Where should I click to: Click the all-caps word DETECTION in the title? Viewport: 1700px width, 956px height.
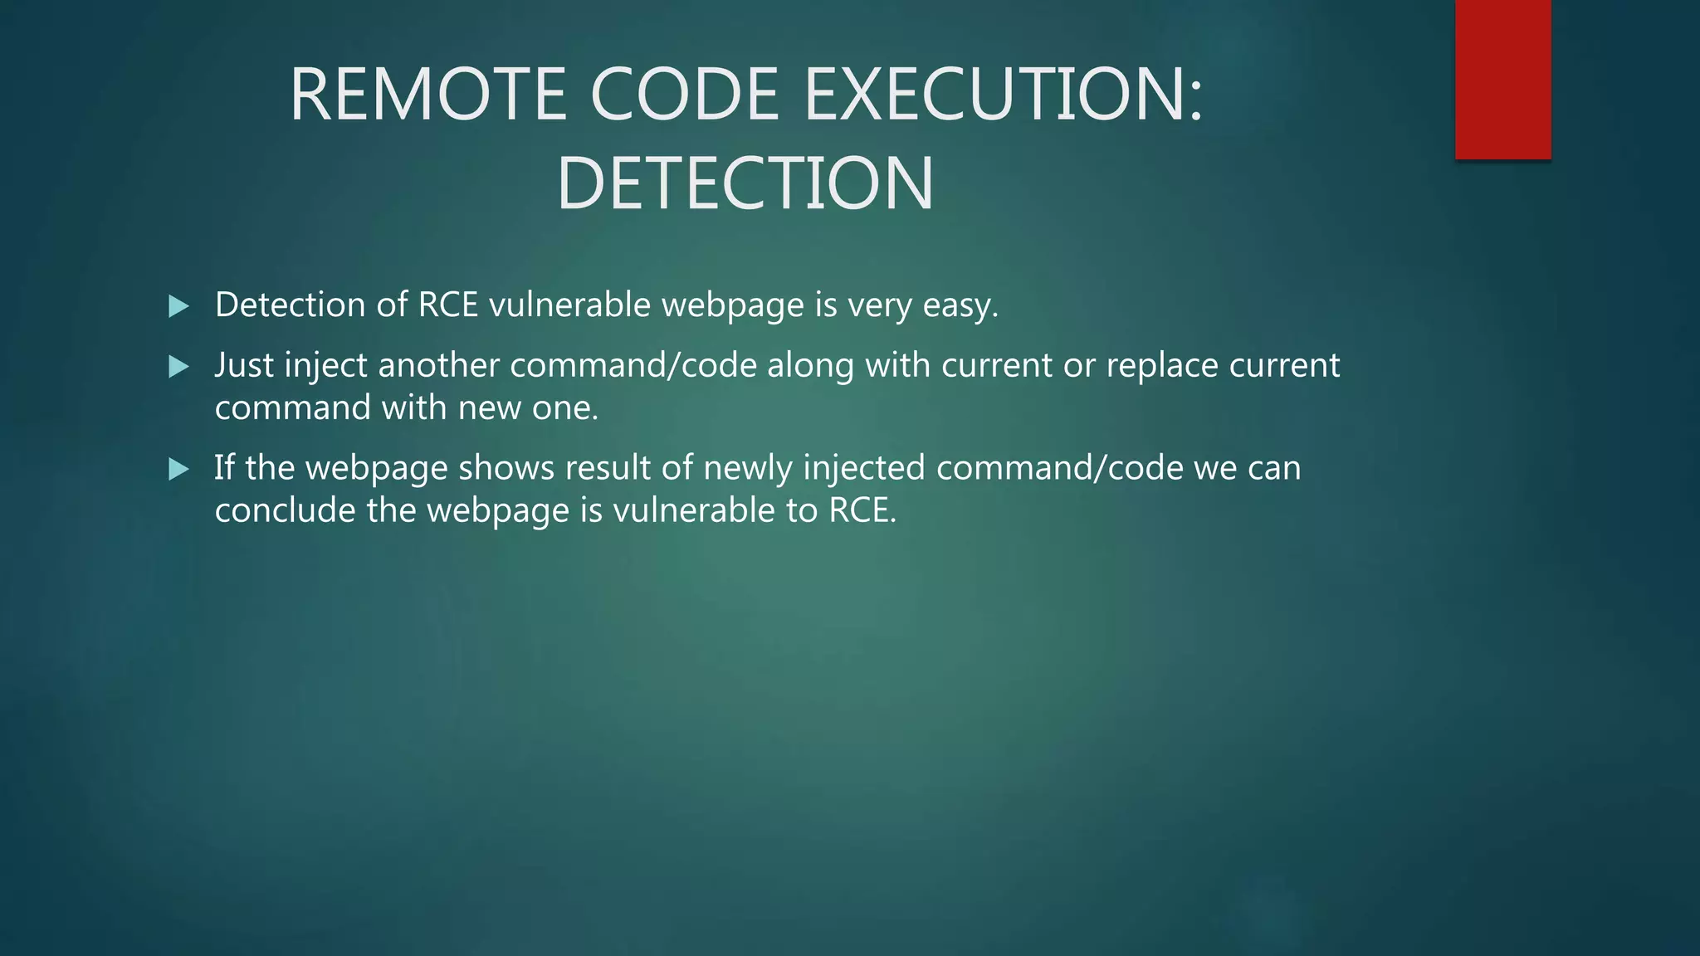click(745, 183)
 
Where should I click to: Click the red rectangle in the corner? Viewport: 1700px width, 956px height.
click(1502, 80)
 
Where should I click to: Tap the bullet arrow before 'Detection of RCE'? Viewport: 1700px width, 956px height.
click(178, 306)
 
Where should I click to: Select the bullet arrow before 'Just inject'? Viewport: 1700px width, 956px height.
click(178, 366)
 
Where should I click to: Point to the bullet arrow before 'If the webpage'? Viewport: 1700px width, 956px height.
click(178, 470)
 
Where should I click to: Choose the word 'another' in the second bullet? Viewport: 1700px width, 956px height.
click(438, 366)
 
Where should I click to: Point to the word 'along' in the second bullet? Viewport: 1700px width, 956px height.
click(810, 366)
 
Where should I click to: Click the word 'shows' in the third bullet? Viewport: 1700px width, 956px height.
click(506, 468)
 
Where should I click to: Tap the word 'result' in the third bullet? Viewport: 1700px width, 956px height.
click(608, 468)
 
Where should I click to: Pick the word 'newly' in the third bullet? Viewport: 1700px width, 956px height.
click(748, 468)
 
